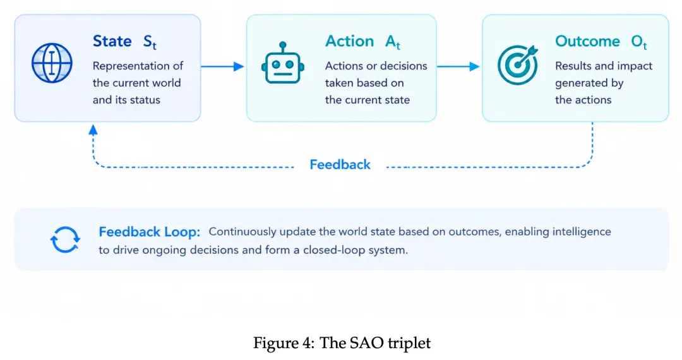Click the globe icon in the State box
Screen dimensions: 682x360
pos(52,63)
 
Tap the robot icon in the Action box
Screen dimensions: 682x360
pos(283,63)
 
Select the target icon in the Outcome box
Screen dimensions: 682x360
pos(518,64)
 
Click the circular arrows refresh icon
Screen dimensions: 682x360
pos(65,239)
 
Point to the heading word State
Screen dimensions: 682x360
pos(112,41)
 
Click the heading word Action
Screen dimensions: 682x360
pos(350,41)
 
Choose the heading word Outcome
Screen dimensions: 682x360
pos(588,41)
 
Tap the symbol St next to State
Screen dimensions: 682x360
pos(150,42)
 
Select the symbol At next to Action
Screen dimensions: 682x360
pos(392,42)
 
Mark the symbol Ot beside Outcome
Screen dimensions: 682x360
pos(639,42)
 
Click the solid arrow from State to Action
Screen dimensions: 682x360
pos(222,66)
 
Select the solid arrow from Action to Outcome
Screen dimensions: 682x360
pos(458,66)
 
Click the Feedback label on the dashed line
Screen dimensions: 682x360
pos(340,165)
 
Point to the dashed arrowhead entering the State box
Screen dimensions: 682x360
pos(93,129)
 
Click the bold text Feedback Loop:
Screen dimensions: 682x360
pos(149,232)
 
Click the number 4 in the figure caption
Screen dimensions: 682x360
pos(308,343)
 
